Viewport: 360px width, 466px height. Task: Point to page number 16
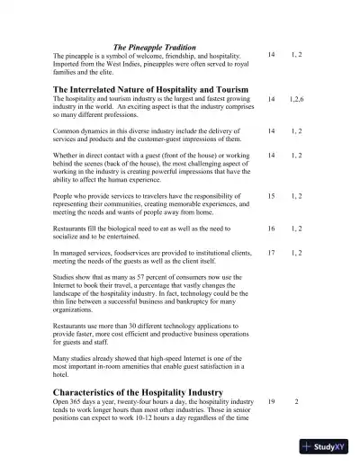coord(272,229)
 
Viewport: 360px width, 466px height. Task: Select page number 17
coord(272,255)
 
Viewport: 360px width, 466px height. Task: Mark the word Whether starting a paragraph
coord(69,155)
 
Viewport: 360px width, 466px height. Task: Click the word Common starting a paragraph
coord(69,130)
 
